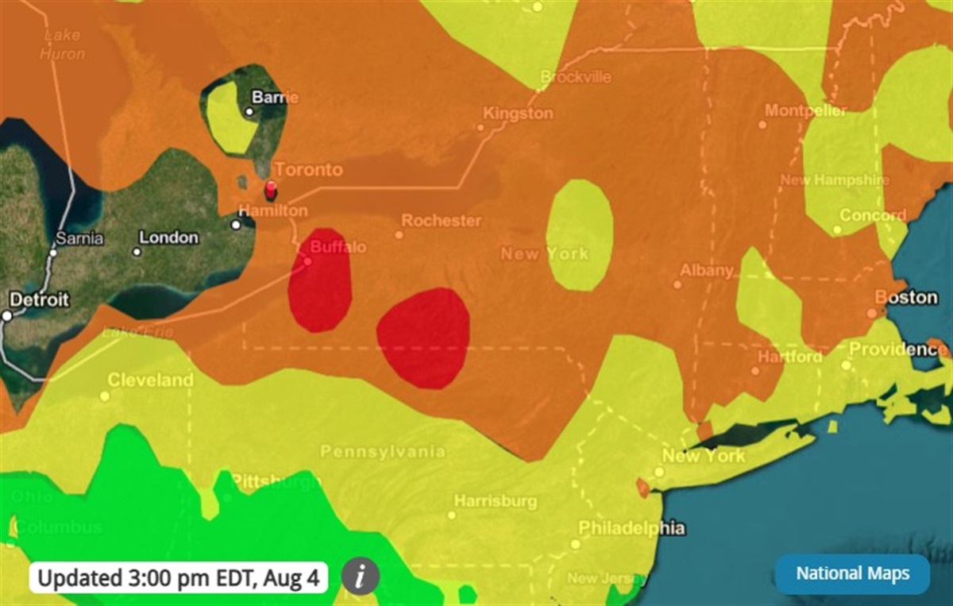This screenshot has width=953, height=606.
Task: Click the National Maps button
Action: pos(851,573)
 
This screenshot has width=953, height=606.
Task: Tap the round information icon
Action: pos(361,576)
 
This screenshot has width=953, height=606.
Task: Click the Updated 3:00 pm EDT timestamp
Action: pos(179,577)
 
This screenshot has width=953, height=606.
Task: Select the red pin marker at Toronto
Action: pos(271,190)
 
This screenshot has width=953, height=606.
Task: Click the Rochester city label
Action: pos(442,220)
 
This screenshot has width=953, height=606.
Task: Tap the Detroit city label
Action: pos(39,300)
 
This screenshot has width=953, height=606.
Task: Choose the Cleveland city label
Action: pos(150,380)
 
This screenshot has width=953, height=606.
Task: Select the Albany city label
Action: pos(707,271)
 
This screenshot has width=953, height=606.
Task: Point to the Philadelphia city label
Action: pos(631,528)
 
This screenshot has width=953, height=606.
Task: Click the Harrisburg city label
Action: pos(496,502)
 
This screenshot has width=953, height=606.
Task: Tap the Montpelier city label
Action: pos(806,110)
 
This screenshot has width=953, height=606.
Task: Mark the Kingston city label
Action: pos(518,114)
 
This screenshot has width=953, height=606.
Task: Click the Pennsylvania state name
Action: pos(383,452)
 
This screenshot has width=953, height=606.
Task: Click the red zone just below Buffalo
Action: pos(321,290)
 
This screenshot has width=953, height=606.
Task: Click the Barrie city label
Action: pos(275,98)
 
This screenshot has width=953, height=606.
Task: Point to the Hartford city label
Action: pos(789,357)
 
